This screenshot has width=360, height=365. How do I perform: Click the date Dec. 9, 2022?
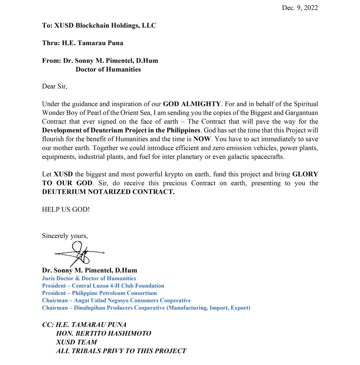(x=300, y=8)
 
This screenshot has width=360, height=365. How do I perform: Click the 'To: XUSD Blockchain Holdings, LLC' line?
(x=99, y=26)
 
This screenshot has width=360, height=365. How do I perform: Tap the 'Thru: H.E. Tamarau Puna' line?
(x=83, y=43)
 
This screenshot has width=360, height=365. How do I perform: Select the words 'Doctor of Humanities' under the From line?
(x=108, y=69)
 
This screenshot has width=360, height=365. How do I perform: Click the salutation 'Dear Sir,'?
(x=55, y=86)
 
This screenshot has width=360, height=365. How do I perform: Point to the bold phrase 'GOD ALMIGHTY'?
(x=192, y=104)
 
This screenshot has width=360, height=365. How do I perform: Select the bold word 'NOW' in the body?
(x=202, y=139)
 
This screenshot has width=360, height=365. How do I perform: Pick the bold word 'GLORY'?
(x=305, y=175)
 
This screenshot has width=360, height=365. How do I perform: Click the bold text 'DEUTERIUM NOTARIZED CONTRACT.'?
(x=108, y=192)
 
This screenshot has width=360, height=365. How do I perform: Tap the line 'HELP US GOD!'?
(x=66, y=210)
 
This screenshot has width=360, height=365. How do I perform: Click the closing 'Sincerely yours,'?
(x=65, y=236)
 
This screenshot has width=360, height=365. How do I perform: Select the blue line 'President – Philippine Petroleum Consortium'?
(x=99, y=293)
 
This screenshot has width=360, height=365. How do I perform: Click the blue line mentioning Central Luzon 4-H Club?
(x=103, y=286)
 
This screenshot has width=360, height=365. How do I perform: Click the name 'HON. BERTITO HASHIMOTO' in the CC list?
(x=104, y=333)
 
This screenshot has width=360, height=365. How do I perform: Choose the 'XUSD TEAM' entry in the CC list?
(x=77, y=342)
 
